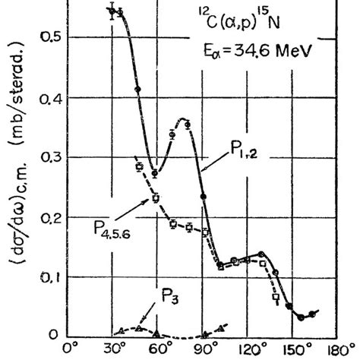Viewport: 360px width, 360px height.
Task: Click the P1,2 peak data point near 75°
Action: click(x=188, y=124)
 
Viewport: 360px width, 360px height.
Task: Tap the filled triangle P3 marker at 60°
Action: click(x=156, y=333)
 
